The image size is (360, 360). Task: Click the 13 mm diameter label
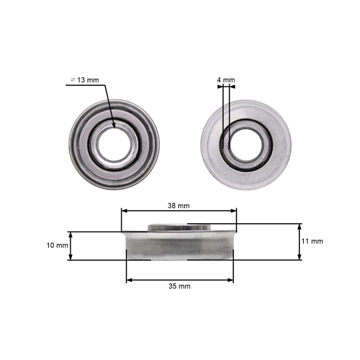[86, 80]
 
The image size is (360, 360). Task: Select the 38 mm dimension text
[179, 205]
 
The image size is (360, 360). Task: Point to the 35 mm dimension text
[180, 286]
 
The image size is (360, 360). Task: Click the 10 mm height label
[58, 245]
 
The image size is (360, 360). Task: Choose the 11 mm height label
[312, 241]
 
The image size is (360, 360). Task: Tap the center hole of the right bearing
[246, 144]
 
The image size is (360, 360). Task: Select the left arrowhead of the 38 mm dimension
[124, 211]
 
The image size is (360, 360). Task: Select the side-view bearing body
[179, 246]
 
